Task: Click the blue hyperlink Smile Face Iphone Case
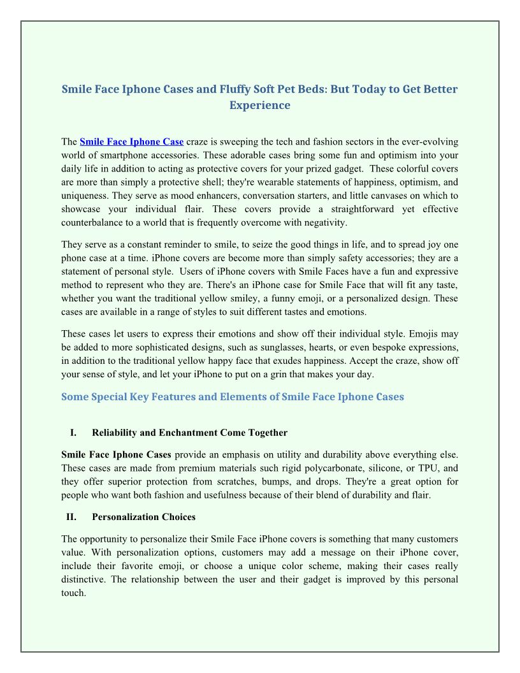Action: pyautogui.click(x=132, y=141)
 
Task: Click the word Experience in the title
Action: pyautogui.click(x=260, y=105)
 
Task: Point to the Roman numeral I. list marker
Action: pyautogui.click(x=73, y=433)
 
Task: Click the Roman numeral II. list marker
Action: pyautogui.click(x=71, y=517)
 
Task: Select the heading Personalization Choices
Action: pyautogui.click(x=143, y=517)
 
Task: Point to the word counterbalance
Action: pyautogui.click(x=92, y=222)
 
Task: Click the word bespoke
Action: pyautogui.click(x=394, y=347)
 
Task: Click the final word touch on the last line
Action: pyautogui.click(x=73, y=593)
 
